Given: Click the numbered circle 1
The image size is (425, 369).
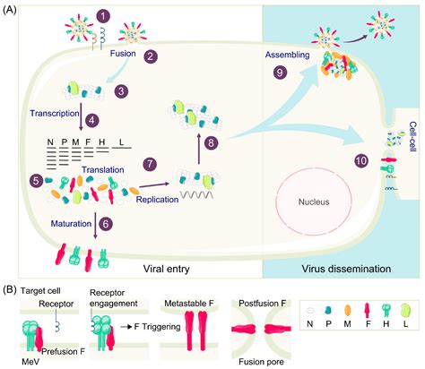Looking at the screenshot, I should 104,15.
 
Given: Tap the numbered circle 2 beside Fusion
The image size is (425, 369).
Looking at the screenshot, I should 152,56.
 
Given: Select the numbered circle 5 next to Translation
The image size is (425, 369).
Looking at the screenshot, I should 35,180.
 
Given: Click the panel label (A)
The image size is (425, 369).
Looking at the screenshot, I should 13,9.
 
